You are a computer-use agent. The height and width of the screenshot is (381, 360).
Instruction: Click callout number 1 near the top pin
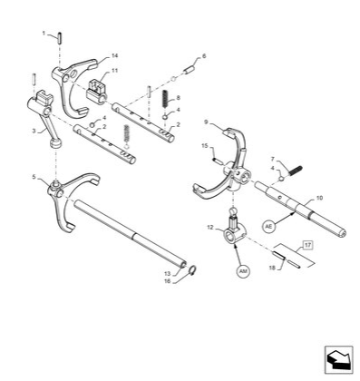(44, 33)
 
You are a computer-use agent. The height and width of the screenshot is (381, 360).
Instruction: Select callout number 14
(114, 56)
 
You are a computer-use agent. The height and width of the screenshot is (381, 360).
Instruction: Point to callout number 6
(204, 56)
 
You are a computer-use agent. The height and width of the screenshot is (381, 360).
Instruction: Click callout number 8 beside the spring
(179, 97)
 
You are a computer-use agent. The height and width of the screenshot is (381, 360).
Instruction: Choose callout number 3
(34, 131)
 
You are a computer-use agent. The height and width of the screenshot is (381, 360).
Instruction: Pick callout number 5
(34, 176)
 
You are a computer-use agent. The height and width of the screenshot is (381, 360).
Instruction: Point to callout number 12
(209, 226)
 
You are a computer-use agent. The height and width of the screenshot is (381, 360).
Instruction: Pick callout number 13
(167, 272)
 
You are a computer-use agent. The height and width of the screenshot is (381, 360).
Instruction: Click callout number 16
(167, 281)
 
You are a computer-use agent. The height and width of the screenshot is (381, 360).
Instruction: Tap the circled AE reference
(268, 227)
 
